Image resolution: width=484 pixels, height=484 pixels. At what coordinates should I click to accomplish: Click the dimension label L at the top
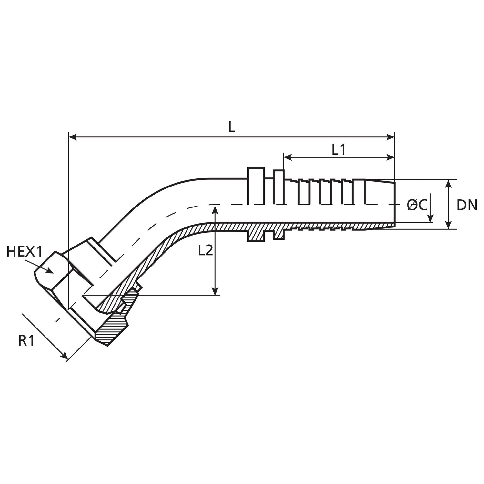[232, 127]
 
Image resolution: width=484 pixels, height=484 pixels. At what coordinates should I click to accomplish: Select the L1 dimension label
[338, 150]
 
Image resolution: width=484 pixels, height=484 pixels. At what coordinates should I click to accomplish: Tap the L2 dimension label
[205, 250]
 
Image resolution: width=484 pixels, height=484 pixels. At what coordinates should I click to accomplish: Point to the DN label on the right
[467, 205]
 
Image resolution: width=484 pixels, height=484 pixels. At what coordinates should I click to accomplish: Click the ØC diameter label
[417, 205]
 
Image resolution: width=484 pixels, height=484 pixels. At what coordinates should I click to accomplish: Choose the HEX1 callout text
[25, 252]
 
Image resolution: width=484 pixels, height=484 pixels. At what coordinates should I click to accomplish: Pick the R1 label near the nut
[26, 341]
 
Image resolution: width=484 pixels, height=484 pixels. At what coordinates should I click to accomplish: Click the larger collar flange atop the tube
[256, 186]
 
